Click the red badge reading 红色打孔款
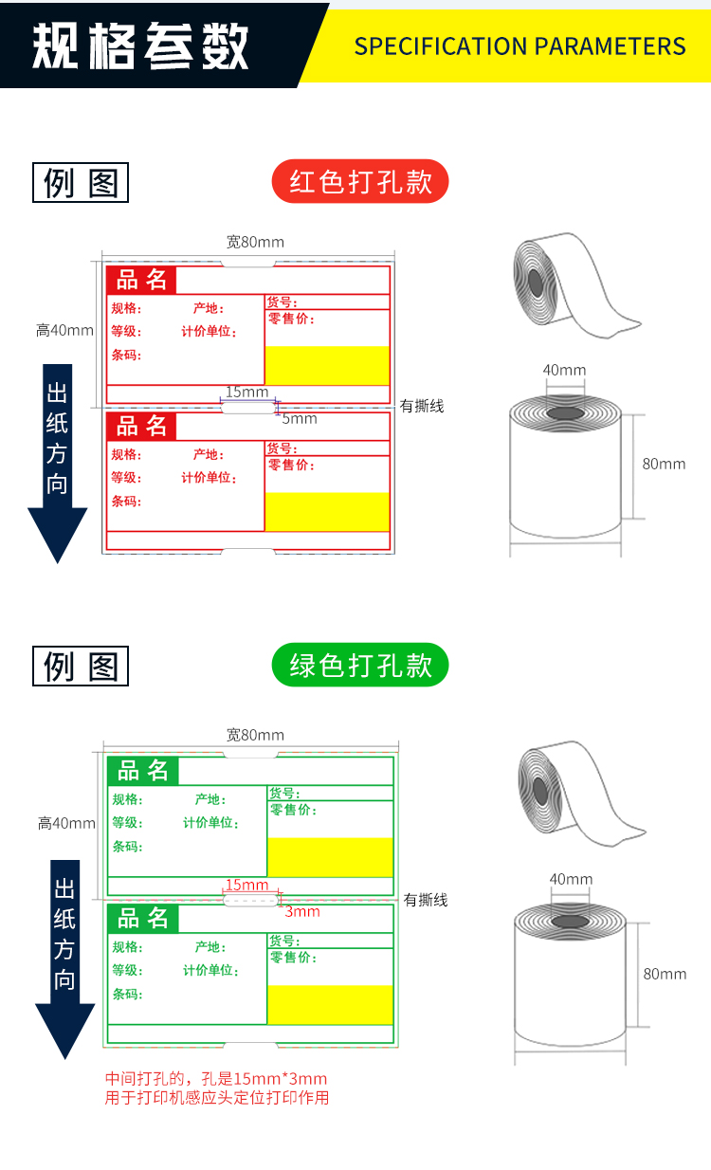click(360, 181)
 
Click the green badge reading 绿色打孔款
click(360, 666)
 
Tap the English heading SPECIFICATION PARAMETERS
click(520, 46)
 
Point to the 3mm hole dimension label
click(302, 912)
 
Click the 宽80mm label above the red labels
click(255, 242)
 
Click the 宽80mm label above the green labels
click(255, 735)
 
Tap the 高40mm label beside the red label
click(64, 330)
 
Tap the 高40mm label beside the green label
click(66, 823)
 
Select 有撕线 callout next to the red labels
click(422, 406)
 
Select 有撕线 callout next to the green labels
click(425, 900)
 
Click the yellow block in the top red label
click(327, 365)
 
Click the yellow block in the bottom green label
click(330, 1004)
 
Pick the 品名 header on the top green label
click(142, 771)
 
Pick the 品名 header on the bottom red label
click(141, 427)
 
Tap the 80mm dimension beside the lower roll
click(664, 974)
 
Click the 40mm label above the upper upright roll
click(564, 370)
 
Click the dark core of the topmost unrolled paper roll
click(536, 283)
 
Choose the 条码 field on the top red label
click(126, 356)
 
